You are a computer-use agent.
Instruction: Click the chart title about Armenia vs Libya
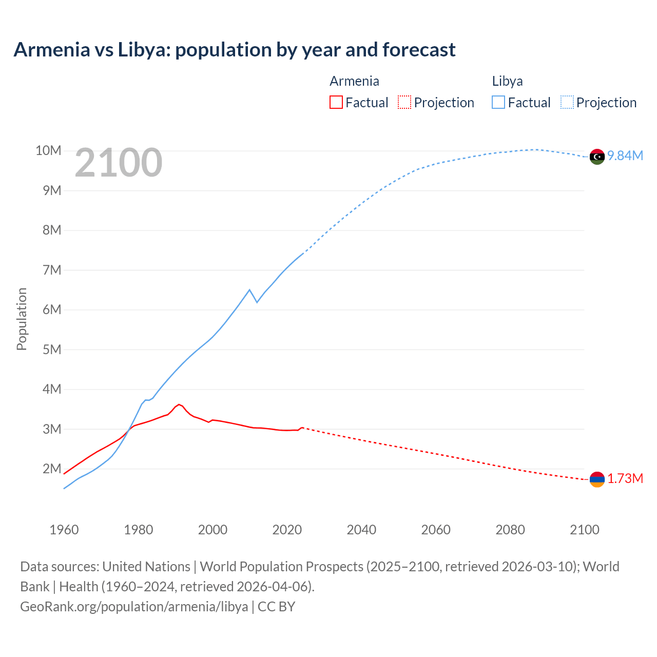pyautogui.click(x=235, y=50)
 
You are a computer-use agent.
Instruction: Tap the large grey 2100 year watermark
pyautogui.click(x=119, y=163)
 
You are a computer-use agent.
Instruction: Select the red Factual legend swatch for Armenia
pyautogui.click(x=336, y=102)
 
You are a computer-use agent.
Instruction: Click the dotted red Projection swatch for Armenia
pyautogui.click(x=404, y=102)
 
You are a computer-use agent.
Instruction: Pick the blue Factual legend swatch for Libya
pyautogui.click(x=498, y=102)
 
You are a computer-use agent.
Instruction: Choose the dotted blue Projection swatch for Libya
pyautogui.click(x=567, y=102)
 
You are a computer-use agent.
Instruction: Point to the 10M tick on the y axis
pyautogui.click(x=48, y=150)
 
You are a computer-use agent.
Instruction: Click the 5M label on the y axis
pyautogui.click(x=51, y=350)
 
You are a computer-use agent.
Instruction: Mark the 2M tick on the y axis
pyautogui.click(x=51, y=469)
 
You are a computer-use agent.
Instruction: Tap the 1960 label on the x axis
pyautogui.click(x=64, y=530)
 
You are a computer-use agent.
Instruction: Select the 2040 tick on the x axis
pyautogui.click(x=361, y=530)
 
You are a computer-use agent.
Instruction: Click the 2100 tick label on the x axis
pyautogui.click(x=584, y=530)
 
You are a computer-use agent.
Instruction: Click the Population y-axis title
pyautogui.click(x=22, y=319)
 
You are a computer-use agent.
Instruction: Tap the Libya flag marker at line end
pyautogui.click(x=597, y=157)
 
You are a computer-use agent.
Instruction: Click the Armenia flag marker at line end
pyautogui.click(x=597, y=479)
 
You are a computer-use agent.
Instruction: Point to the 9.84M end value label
pyautogui.click(x=625, y=156)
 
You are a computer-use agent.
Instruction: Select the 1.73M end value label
pyautogui.click(x=625, y=479)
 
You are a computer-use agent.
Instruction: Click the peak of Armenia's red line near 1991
pyautogui.click(x=179, y=404)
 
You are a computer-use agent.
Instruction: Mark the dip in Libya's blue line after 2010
pyautogui.click(x=257, y=302)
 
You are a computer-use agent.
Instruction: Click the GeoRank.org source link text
pyautogui.click(x=134, y=606)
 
